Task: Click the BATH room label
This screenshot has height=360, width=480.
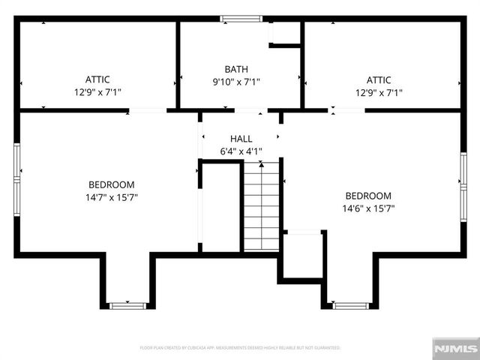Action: pyautogui.click(x=241, y=69)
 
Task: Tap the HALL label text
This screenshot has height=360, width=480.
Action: pyautogui.click(x=241, y=139)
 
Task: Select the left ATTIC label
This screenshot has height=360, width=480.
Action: pyautogui.click(x=97, y=79)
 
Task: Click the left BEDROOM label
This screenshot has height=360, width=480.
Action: pyautogui.click(x=112, y=184)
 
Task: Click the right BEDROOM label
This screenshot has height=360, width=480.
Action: pyautogui.click(x=367, y=196)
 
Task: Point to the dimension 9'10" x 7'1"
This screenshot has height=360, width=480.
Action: pyautogui.click(x=241, y=82)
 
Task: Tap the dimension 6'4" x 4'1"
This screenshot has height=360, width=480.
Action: pyautogui.click(x=241, y=151)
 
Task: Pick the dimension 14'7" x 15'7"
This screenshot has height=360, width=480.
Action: pyautogui.click(x=112, y=197)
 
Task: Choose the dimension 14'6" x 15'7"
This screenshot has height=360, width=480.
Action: pyautogui.click(x=367, y=208)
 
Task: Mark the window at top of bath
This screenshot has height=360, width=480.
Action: pyautogui.click(x=241, y=19)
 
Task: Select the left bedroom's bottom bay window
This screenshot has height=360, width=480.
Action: pyautogui.click(x=127, y=305)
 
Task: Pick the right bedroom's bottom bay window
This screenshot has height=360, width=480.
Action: pyautogui.click(x=351, y=305)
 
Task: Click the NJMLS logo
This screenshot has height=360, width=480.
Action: pyautogui.click(x=454, y=348)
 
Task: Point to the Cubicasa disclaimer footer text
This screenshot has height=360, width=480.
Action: pyautogui.click(x=240, y=348)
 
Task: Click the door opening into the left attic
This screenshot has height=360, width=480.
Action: pyautogui.click(x=147, y=111)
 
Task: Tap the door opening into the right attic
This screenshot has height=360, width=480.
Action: pyautogui.click(x=346, y=110)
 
